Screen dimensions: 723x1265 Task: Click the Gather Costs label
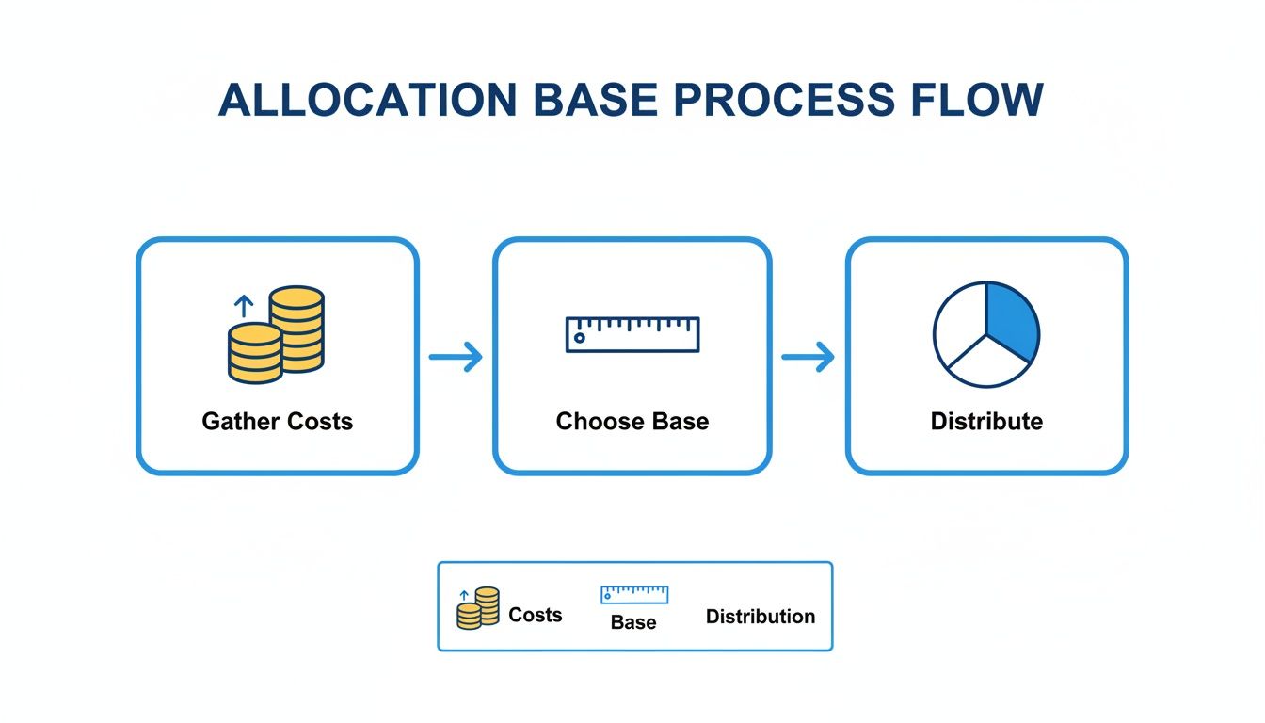tap(277, 421)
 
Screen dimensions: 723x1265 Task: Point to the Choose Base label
tap(632, 421)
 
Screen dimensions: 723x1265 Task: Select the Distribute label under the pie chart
tap(986, 421)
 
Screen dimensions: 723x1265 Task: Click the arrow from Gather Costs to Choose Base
tap(456, 357)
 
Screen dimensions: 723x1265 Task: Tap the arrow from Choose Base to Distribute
tap(809, 357)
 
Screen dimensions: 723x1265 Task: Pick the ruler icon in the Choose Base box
tap(632, 334)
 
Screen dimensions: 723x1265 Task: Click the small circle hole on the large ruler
tap(579, 338)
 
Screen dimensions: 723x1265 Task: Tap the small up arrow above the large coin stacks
tap(244, 305)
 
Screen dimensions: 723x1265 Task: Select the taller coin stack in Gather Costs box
tap(296, 329)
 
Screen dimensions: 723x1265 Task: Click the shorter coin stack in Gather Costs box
tap(255, 353)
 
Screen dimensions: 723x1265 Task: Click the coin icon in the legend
tap(478, 608)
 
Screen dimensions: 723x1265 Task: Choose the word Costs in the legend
tap(535, 615)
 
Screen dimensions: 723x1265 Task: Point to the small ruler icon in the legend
tap(634, 594)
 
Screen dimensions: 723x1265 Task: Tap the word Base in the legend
tap(633, 622)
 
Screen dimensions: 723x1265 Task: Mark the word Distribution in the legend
tap(761, 617)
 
